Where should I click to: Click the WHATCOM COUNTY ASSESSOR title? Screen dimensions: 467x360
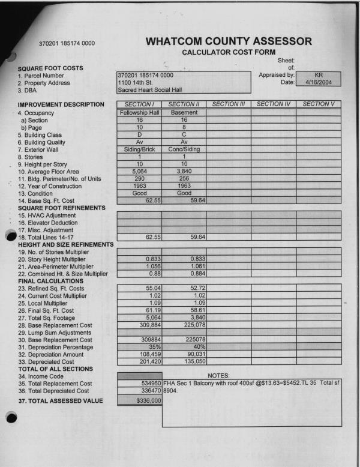pyautogui.click(x=229, y=41)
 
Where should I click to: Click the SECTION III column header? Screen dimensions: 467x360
pyautogui.click(x=229, y=104)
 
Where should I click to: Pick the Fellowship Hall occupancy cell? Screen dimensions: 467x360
pyautogui.click(x=139, y=112)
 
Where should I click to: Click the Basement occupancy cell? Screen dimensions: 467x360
pyautogui.click(x=184, y=112)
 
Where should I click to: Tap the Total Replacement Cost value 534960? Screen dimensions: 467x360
pyautogui.click(x=149, y=382)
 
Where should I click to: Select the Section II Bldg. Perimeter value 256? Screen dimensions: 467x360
pyautogui.click(x=184, y=179)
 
